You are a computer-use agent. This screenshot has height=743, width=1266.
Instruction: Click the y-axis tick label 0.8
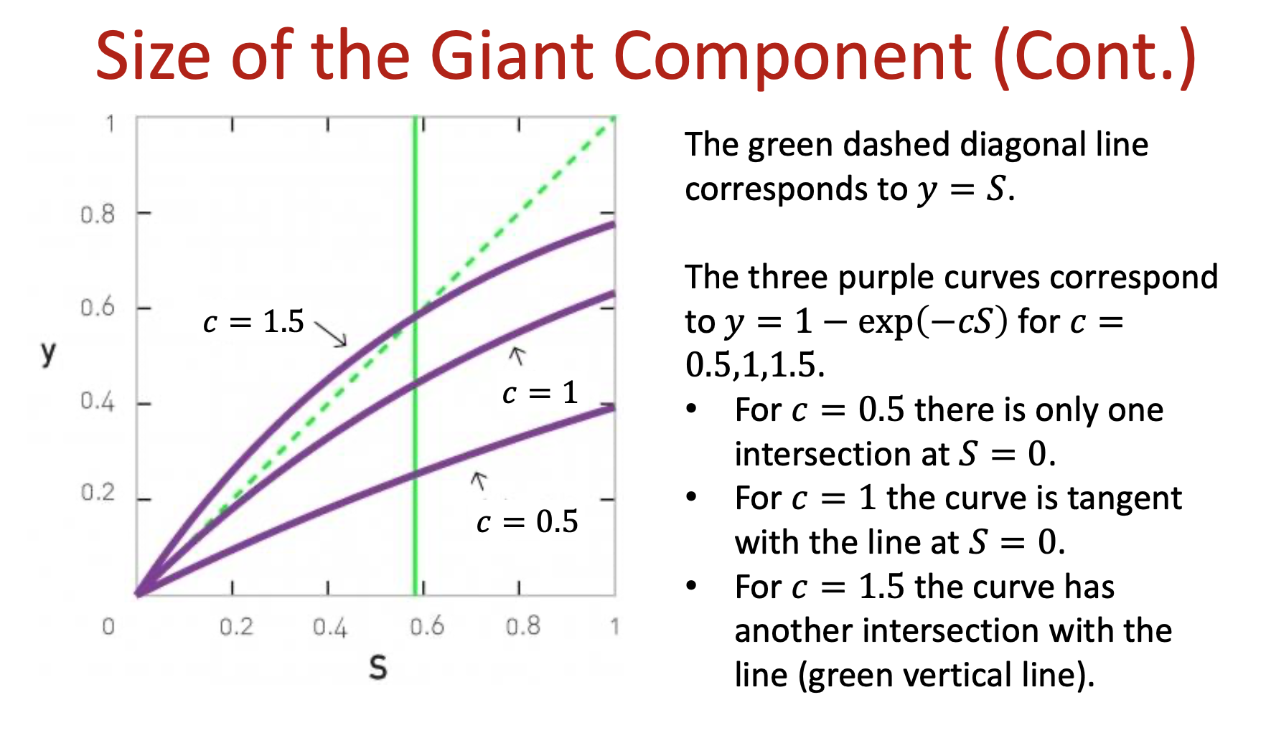(98, 214)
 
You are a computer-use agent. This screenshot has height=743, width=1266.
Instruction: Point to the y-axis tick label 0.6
(98, 308)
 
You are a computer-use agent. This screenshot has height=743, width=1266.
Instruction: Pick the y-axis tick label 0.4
(98, 402)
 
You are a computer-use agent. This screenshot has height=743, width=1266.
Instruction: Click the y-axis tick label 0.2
(98, 493)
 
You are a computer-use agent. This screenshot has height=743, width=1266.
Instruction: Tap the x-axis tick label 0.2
(237, 627)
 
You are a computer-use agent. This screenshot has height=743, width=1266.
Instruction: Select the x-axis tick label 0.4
(330, 628)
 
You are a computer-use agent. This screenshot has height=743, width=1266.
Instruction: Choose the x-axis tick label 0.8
(522, 627)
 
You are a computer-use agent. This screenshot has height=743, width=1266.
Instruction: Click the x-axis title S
(378, 668)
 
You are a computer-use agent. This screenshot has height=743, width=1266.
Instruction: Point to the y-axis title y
(48, 353)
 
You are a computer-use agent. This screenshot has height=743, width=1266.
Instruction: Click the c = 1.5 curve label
(254, 322)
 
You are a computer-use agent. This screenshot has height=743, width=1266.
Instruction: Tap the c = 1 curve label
(540, 393)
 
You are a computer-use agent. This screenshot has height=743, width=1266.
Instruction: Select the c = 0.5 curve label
(527, 521)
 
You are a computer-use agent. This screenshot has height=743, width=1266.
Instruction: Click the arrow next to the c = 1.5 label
(331, 334)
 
